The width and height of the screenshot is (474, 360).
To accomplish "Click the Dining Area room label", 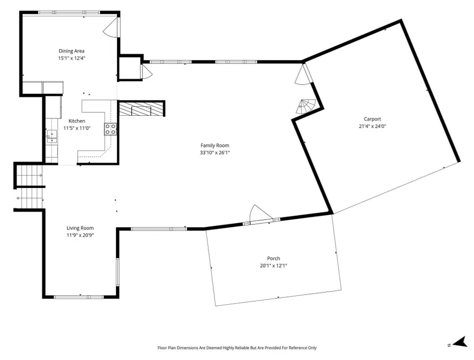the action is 72,51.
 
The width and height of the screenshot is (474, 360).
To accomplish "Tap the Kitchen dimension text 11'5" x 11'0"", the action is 77,128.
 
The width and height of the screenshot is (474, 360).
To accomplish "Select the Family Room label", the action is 215,145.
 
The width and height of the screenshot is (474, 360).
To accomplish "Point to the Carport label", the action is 372,119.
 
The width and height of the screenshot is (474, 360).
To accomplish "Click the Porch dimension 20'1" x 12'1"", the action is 273,266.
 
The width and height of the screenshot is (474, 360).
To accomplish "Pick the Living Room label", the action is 80,228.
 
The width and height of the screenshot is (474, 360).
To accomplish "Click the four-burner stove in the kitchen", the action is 111,129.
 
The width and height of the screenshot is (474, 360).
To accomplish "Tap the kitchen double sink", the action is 52,136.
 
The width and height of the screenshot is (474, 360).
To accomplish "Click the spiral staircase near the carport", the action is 305,107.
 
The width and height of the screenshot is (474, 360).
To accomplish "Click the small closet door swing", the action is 146,72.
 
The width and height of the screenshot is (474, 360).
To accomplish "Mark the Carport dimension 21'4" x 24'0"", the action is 372,126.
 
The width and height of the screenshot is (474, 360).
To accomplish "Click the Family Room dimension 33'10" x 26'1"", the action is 215,153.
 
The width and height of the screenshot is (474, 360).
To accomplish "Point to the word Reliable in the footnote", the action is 243,348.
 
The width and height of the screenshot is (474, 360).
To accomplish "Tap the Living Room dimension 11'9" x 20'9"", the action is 80,235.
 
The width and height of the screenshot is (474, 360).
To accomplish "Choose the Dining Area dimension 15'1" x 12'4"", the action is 72,58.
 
